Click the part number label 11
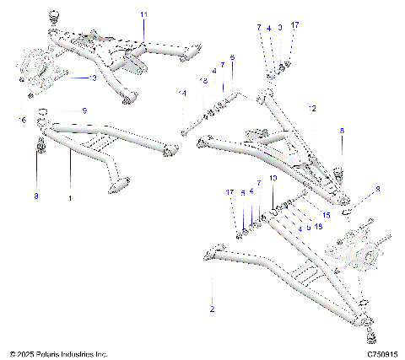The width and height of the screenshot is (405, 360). click(x=143, y=16)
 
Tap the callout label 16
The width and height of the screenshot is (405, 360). click(x=22, y=120)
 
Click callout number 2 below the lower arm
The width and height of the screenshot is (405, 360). click(x=212, y=309)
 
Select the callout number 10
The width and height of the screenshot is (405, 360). click(x=272, y=180)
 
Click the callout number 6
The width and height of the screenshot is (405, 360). click(x=232, y=56)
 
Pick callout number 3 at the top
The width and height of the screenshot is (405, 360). click(x=280, y=28)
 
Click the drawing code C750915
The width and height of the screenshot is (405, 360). click(x=381, y=353)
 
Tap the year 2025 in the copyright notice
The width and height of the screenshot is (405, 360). click(x=24, y=353)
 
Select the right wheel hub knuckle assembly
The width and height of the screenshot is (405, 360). click(x=359, y=250)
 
